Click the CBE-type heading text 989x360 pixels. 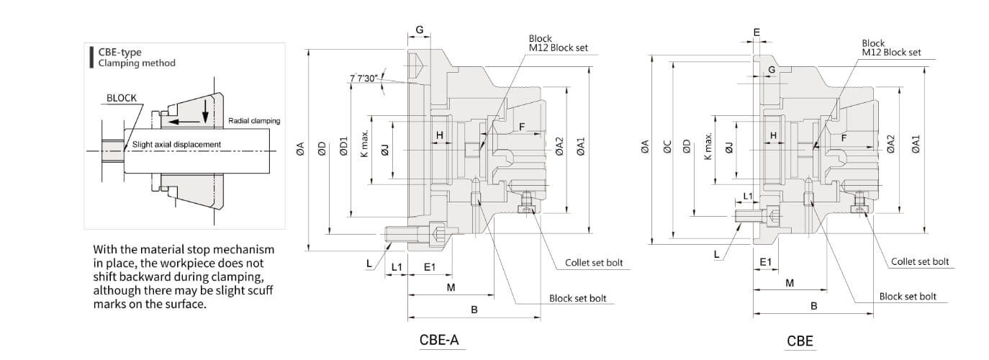(x=119, y=52)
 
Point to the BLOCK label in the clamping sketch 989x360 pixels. (x=122, y=98)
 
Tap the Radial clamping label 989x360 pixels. (x=254, y=121)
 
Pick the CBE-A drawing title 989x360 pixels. (x=438, y=340)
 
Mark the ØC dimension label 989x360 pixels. (x=667, y=147)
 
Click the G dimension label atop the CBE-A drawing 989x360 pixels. (x=420, y=30)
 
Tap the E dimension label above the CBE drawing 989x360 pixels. (x=757, y=32)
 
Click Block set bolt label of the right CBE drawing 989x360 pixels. (x=908, y=296)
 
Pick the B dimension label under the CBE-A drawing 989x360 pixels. (x=474, y=310)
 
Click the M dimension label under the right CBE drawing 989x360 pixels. (x=789, y=283)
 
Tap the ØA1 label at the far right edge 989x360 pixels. (x=916, y=144)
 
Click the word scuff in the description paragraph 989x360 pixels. (x=258, y=291)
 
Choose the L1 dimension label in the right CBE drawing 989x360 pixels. (x=747, y=196)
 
